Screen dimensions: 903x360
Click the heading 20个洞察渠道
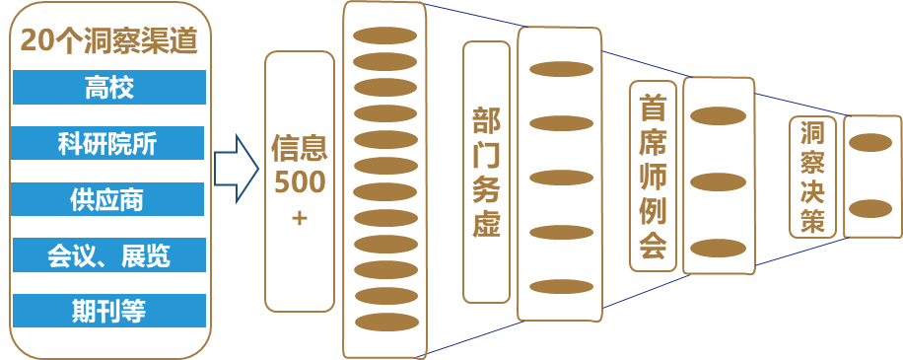pos(109,41)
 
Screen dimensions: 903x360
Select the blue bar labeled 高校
pos(109,88)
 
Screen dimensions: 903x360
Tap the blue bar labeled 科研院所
pos(109,144)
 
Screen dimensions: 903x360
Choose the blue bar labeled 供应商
pos(109,200)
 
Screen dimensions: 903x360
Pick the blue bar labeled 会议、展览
pos(109,256)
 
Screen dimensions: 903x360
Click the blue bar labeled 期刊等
pos(109,312)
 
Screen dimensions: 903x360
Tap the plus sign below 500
pos(299,218)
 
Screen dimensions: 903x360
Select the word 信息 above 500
pos(299,151)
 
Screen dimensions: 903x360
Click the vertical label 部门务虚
pos(486,172)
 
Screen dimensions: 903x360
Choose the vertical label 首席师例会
pos(652,176)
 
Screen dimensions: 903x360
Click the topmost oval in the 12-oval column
pos(385,37)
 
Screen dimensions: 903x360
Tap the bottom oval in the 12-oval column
pos(385,322)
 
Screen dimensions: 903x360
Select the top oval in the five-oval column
pos(560,69)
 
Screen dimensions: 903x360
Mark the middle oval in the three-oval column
pos(718,182)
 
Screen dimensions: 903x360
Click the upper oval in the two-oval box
pos(870,143)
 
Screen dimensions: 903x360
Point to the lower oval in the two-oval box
pos(870,208)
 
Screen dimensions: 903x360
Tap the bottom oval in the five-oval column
pos(560,286)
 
